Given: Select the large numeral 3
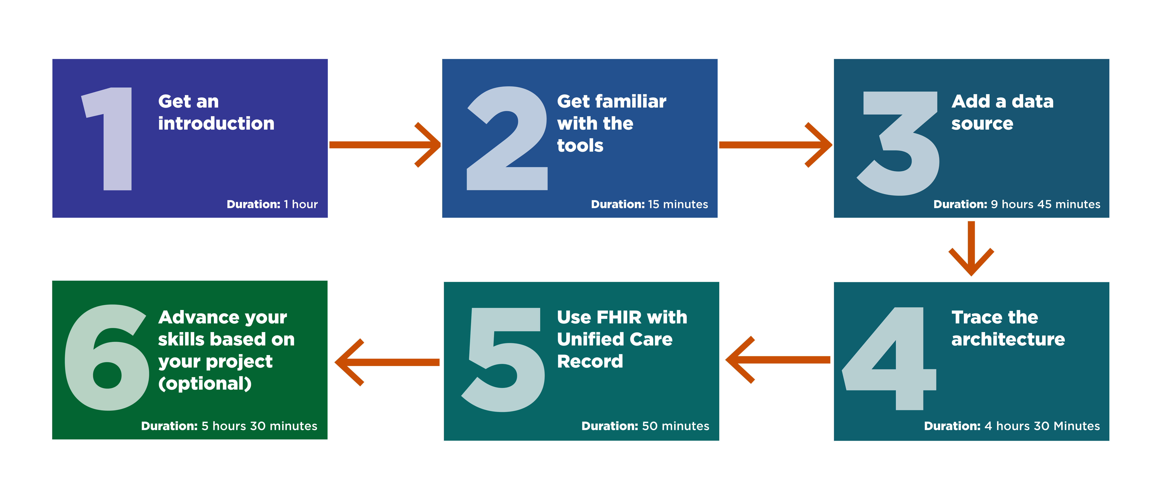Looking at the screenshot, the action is pyautogui.click(x=898, y=143).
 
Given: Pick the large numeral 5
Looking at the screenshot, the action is pyautogui.click(x=503, y=360).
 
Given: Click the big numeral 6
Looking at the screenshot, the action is pyautogui.click(x=107, y=357).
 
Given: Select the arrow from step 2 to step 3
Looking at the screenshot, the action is pyautogui.click(x=775, y=145).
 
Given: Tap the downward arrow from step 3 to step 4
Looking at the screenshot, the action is pyautogui.click(x=971, y=248).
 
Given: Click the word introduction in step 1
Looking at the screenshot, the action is pyautogui.click(x=216, y=124).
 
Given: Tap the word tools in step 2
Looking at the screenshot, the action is pyautogui.click(x=580, y=146).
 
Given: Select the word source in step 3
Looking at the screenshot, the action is pyautogui.click(x=982, y=124).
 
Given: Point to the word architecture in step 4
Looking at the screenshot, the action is pyautogui.click(x=1008, y=339).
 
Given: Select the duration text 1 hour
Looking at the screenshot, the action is pyautogui.click(x=301, y=204).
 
